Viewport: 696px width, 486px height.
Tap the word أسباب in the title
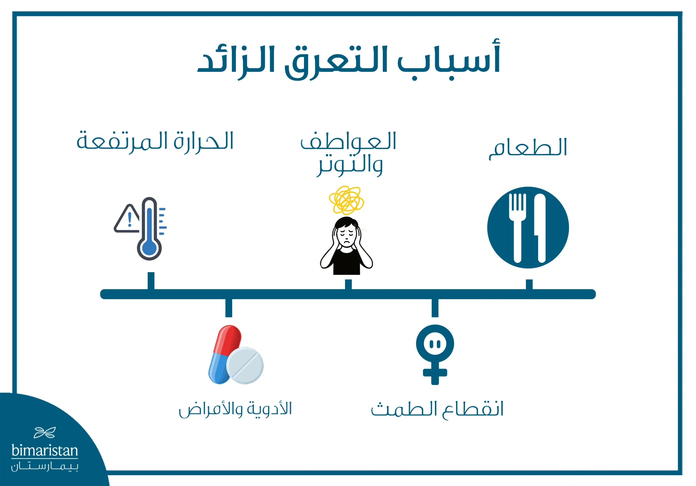(449, 61)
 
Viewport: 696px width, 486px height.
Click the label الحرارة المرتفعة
(155, 141)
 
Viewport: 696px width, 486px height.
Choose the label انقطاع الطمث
(437, 409)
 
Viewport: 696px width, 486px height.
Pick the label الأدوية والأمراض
(235, 409)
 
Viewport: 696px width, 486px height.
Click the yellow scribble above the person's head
(346, 200)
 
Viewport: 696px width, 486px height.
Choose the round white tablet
(245, 366)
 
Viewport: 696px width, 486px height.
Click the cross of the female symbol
(435, 373)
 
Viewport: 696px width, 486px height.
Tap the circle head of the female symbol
(435, 344)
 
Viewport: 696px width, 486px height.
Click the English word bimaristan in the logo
(45, 451)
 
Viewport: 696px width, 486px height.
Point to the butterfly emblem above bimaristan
(45, 433)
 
